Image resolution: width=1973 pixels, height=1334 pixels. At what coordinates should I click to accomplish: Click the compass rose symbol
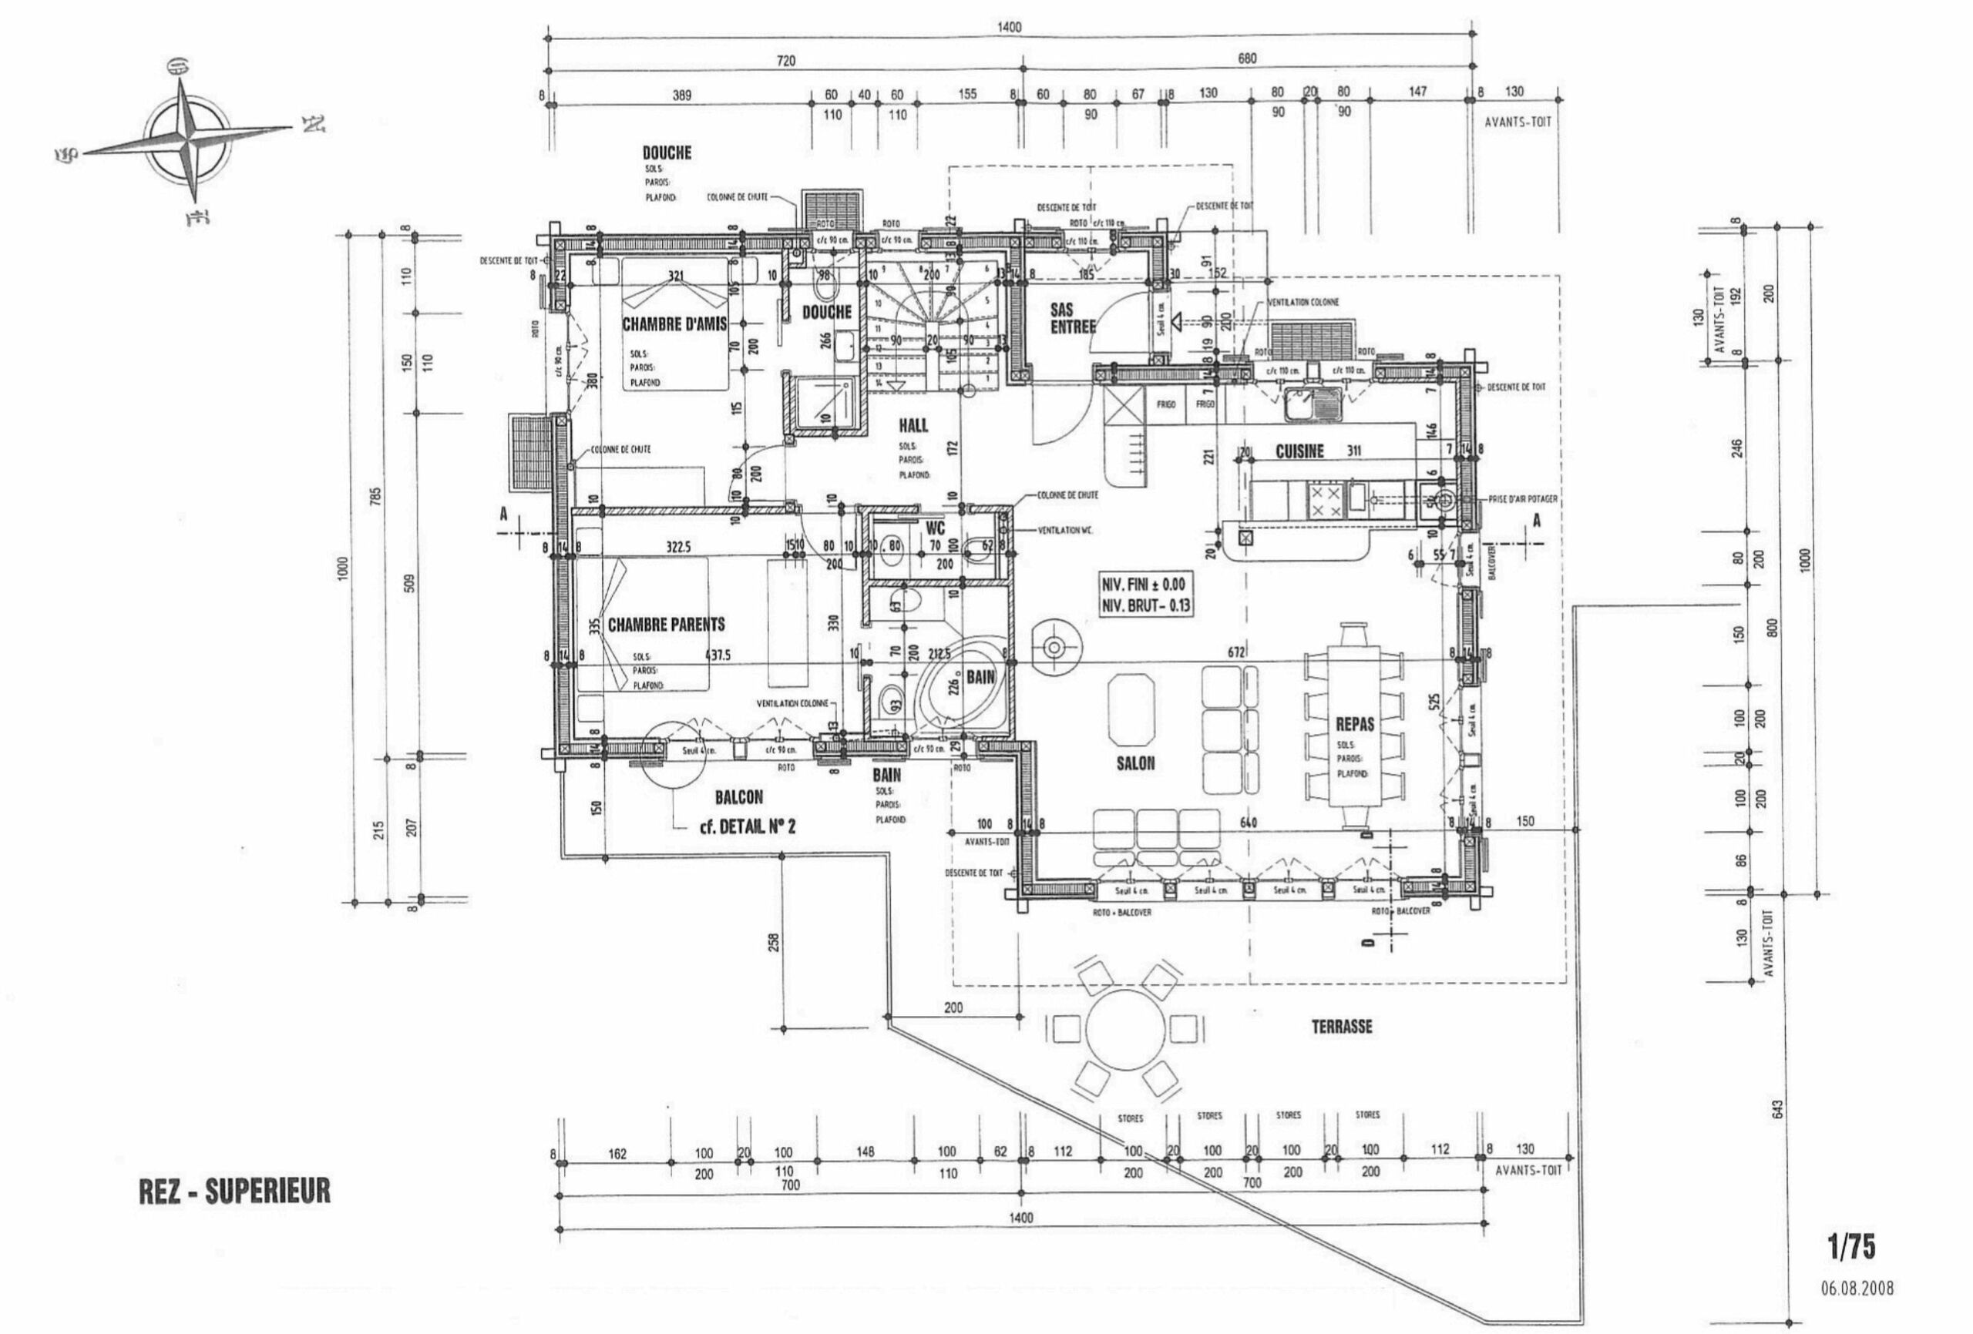(x=187, y=139)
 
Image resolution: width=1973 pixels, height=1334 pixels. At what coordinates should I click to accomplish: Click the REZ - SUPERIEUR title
(x=234, y=1192)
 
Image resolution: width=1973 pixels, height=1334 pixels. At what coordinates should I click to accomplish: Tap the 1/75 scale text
(x=1850, y=1247)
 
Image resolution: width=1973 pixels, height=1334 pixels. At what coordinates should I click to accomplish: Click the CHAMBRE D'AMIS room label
(x=675, y=324)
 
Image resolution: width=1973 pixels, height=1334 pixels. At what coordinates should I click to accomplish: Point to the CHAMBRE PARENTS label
(x=667, y=625)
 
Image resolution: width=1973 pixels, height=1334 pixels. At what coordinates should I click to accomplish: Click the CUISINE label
(x=1299, y=451)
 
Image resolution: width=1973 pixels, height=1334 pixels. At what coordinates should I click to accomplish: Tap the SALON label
(x=1135, y=764)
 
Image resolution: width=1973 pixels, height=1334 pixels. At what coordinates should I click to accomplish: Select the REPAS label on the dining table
(x=1355, y=725)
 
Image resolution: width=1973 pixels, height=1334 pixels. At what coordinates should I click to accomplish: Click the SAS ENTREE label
(x=1072, y=318)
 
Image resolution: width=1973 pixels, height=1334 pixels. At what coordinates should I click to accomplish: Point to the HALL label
(x=913, y=425)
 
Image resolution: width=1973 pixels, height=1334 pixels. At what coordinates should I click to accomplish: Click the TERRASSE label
(x=1341, y=1027)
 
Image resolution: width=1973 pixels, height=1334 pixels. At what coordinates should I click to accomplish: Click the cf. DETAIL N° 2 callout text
(x=747, y=826)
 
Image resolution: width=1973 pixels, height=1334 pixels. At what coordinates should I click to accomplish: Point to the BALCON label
(x=738, y=797)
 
